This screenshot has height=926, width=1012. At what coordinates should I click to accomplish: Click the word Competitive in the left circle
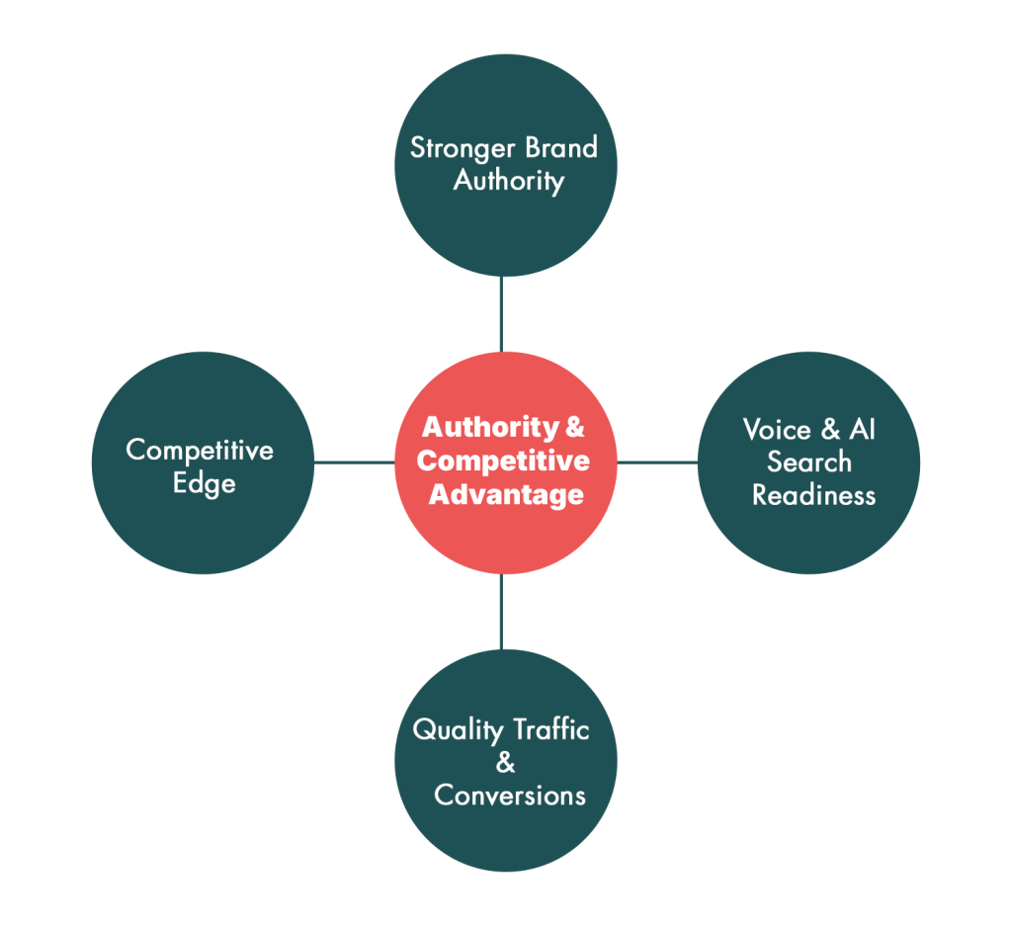pyautogui.click(x=200, y=451)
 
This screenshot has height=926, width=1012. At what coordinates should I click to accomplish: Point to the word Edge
pyautogui.click(x=204, y=484)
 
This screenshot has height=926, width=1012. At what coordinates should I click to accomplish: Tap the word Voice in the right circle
pyautogui.click(x=777, y=430)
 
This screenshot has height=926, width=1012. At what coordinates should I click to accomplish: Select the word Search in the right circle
pyautogui.click(x=808, y=462)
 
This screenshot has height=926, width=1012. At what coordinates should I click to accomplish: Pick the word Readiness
pyautogui.click(x=813, y=495)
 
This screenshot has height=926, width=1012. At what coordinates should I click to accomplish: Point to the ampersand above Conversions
pyautogui.click(x=505, y=763)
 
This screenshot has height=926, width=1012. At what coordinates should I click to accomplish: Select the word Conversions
pyautogui.click(x=510, y=796)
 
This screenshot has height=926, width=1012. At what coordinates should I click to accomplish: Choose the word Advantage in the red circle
pyautogui.click(x=506, y=494)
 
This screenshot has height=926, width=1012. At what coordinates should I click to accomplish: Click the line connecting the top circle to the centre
pyautogui.click(x=501, y=313)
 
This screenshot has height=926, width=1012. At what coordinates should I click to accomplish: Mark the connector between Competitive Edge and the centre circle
pyautogui.click(x=354, y=462)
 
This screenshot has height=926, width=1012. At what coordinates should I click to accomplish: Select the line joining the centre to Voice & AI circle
pyautogui.click(x=657, y=462)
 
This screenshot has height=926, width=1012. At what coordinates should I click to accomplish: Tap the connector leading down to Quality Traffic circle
pyautogui.click(x=501, y=611)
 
